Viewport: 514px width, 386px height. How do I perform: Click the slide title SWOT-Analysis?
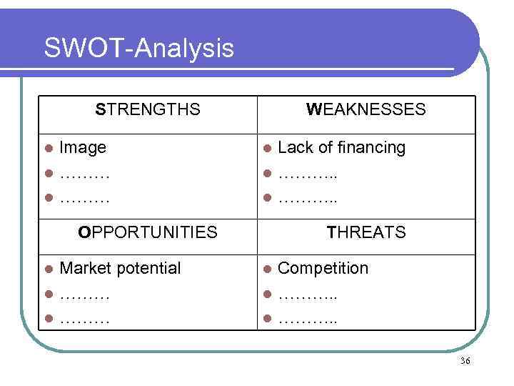coord(138,49)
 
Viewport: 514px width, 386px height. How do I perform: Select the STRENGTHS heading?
coord(148,109)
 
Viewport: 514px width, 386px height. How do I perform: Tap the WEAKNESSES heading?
coord(366,109)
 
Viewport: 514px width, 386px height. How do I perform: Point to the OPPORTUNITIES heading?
coord(148,232)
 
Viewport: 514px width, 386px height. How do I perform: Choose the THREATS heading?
coord(366,232)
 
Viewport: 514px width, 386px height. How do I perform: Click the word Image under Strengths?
coord(83,148)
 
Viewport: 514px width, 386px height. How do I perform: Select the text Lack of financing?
coord(341,148)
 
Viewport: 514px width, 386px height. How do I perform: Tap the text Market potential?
coord(120,269)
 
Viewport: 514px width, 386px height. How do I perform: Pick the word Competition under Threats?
coord(323,269)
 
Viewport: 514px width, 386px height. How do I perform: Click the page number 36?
coord(465,361)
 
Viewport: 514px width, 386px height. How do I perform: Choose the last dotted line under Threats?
coord(308,319)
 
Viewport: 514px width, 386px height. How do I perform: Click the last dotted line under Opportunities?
coord(84,319)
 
